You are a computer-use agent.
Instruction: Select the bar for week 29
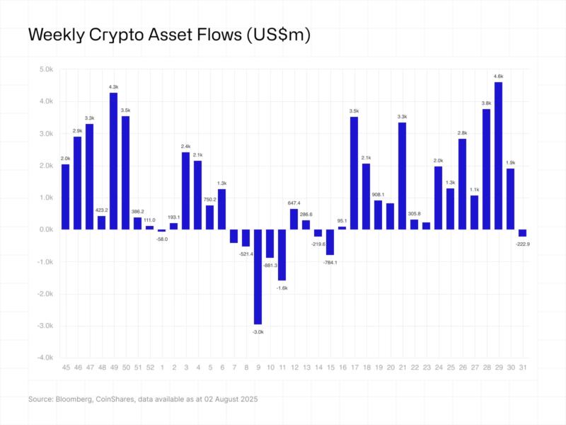498,156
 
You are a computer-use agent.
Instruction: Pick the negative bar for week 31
522,233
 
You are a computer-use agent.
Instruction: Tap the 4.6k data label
498,76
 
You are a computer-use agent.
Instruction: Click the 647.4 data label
294,203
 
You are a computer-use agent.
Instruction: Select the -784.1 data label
330,262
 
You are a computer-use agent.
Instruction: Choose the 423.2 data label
101,210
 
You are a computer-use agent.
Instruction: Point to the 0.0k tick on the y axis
45,229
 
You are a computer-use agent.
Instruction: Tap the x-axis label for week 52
149,368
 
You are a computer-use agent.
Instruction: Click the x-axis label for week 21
402,368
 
